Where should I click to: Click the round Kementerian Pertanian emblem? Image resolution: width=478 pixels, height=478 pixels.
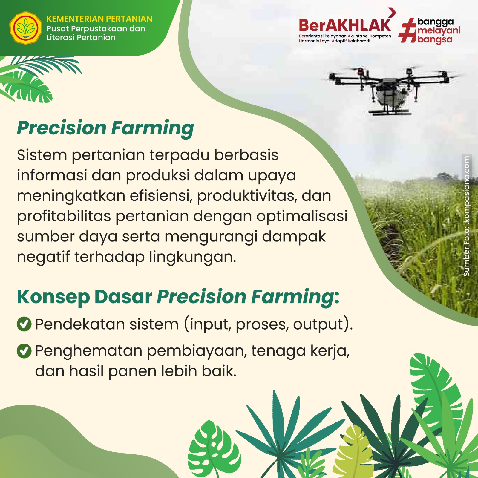point(26,28)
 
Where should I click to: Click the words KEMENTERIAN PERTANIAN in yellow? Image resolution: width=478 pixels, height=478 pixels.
point(99,19)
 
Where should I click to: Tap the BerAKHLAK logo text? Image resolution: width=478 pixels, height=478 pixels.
point(345,25)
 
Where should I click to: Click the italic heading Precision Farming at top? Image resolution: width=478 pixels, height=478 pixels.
point(105,128)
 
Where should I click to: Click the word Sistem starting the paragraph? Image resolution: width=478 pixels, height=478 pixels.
point(42,155)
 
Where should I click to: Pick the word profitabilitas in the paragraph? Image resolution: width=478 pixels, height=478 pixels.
point(64,216)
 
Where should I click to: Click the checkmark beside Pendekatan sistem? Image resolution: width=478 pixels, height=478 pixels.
point(24,324)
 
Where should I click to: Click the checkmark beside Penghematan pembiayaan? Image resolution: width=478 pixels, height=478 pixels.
point(24,351)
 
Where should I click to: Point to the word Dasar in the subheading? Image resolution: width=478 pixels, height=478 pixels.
point(123,297)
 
